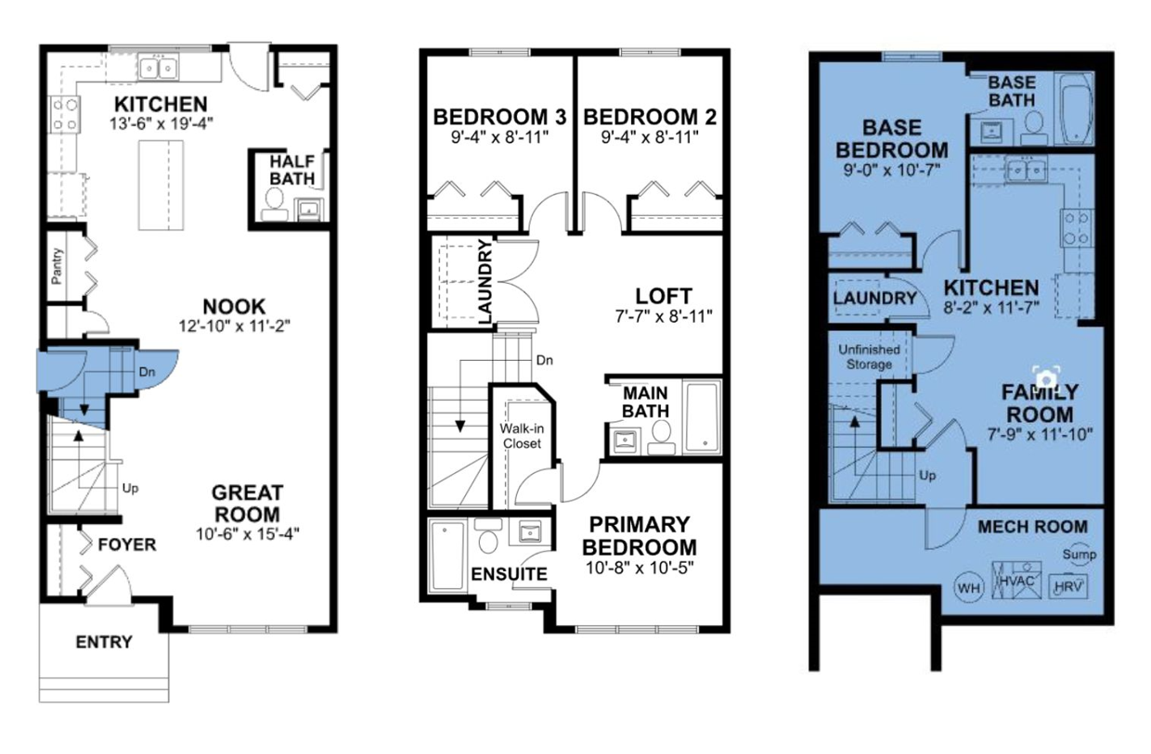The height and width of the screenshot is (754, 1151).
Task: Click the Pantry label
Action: point(57,266)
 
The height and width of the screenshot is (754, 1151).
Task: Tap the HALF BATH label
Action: point(291,170)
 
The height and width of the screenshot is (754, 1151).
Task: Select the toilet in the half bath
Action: point(275,204)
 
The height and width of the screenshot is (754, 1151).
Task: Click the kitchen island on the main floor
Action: point(161,185)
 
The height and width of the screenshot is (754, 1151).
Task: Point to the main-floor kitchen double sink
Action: point(158,68)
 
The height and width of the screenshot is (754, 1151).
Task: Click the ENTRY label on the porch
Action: point(104,642)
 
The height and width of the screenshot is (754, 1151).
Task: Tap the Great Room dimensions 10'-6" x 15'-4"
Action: point(248,534)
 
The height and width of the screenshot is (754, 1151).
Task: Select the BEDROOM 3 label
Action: point(499,117)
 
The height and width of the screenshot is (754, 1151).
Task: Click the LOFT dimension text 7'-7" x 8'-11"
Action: point(664,316)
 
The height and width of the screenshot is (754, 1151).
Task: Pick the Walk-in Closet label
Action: point(522,436)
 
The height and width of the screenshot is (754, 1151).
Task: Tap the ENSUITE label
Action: point(510,574)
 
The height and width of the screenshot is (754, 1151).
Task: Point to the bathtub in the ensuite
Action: point(447,555)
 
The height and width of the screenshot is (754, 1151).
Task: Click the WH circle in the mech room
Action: point(968,588)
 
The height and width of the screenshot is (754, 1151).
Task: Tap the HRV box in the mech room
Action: point(1067,586)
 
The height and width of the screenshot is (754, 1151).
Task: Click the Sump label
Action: point(1079,555)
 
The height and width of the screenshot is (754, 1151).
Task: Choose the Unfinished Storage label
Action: point(870,357)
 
